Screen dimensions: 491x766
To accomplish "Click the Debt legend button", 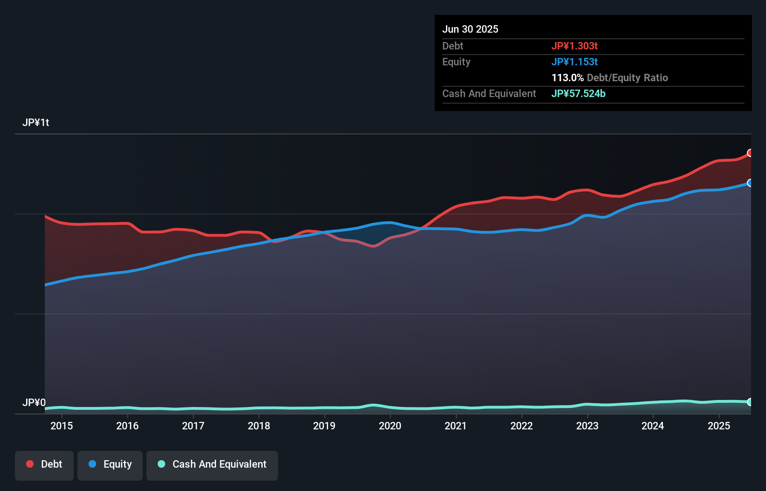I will coord(44,465).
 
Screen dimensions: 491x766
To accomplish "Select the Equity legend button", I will coord(110,465).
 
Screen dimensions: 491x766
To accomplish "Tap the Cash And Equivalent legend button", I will coord(212,465).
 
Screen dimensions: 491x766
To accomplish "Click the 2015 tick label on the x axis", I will coord(62,426).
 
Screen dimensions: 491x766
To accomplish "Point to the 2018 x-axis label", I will coord(259,426).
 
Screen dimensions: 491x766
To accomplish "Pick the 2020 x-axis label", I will coord(390,426).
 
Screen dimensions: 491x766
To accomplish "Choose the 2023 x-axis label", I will coord(587,426).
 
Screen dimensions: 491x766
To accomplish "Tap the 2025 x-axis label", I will coord(719,426).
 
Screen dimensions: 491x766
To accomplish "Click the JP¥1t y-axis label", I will coord(36,123).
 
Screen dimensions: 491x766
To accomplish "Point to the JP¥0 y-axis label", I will coord(34,403).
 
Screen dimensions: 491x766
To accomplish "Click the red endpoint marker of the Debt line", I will coord(750,153).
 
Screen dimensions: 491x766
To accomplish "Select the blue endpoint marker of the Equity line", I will coord(750,183).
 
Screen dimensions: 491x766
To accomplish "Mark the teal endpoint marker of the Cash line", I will coord(750,402).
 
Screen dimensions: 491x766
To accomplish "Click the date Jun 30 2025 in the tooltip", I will coord(470,29).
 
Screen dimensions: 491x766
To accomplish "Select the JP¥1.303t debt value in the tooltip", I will coord(574,46).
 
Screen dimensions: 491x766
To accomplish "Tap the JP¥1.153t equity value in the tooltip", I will coord(574,62).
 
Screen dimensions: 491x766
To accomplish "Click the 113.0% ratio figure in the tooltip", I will coord(567,78).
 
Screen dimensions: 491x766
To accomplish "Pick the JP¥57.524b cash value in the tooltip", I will coord(578,94).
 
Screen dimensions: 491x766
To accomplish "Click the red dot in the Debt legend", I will coord(30,464).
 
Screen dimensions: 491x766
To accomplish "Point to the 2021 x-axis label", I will coord(456,426).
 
